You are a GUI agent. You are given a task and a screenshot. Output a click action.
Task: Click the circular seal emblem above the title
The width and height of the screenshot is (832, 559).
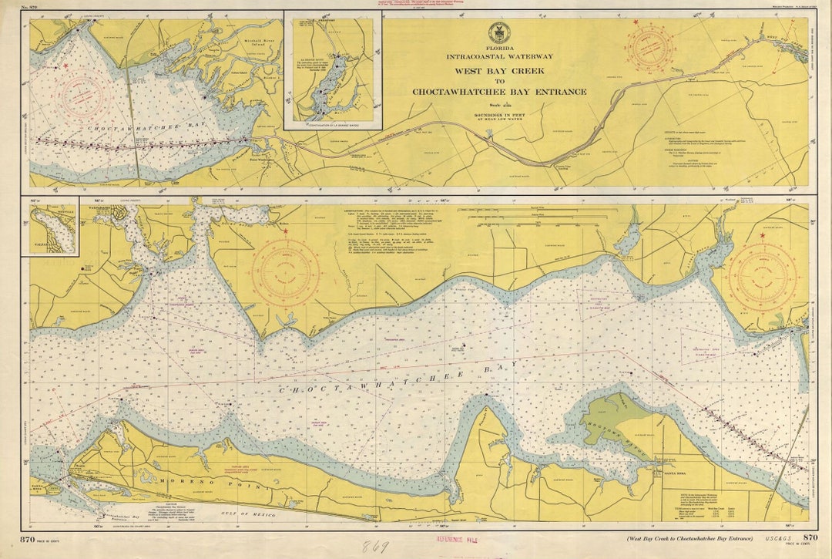pos(499,33)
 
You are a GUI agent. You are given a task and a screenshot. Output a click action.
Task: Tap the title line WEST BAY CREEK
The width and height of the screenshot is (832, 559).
pos(499,70)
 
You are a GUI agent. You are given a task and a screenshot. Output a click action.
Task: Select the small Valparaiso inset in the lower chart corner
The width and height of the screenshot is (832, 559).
pos(53,227)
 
